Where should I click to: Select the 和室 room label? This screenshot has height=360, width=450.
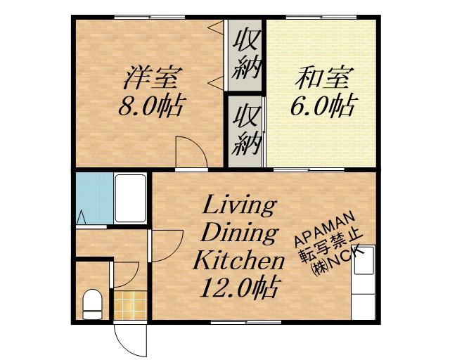point(321,76)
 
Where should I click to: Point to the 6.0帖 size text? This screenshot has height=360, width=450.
point(322,107)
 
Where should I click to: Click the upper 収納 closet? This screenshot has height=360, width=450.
point(247,53)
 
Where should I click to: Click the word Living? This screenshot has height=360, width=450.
point(239,207)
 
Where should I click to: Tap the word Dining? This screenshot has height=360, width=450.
point(238,233)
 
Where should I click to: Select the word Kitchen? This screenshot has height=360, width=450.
point(238,261)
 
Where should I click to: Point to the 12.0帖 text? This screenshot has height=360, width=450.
point(239,288)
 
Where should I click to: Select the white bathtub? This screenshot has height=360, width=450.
point(130,198)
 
